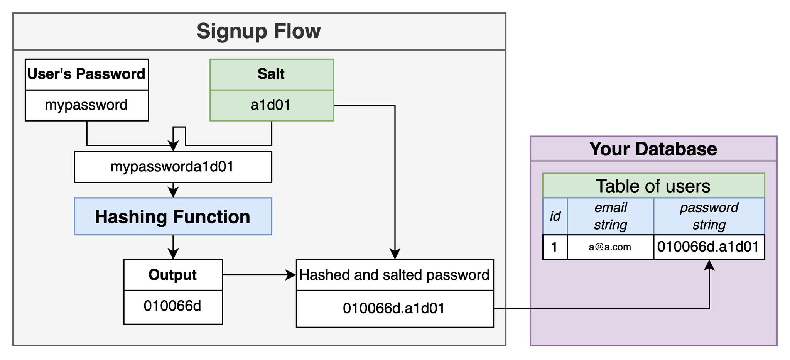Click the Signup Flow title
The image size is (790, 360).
pyautogui.click(x=258, y=31)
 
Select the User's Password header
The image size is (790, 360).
pyautogui.click(x=87, y=74)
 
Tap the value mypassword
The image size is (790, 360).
pyautogui.click(x=86, y=105)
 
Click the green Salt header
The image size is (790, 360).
pyautogui.click(x=272, y=74)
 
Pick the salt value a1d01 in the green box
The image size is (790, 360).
pyautogui.click(x=271, y=105)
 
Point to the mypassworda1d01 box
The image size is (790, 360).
pyautogui.click(x=173, y=167)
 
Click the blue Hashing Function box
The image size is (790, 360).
pyautogui.click(x=173, y=216)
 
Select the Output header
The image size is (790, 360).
pyautogui.click(x=173, y=275)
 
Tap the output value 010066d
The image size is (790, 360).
pyautogui.click(x=172, y=306)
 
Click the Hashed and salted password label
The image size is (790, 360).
pyautogui.click(x=394, y=275)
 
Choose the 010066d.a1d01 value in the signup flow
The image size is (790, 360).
pyautogui.click(x=394, y=309)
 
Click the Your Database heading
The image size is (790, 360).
pyautogui.click(x=653, y=149)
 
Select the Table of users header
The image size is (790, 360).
pyautogui.click(x=653, y=186)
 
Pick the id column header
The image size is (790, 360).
pyautogui.click(x=555, y=216)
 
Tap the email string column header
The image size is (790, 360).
pyautogui.click(x=611, y=216)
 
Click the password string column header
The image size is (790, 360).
pyautogui.click(x=709, y=216)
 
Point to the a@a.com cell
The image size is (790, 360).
pyautogui.click(x=611, y=247)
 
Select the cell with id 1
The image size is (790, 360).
pyautogui.click(x=555, y=247)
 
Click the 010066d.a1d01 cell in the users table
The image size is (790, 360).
pyautogui.click(x=709, y=247)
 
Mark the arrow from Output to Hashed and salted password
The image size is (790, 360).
pyautogui.click(x=259, y=275)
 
